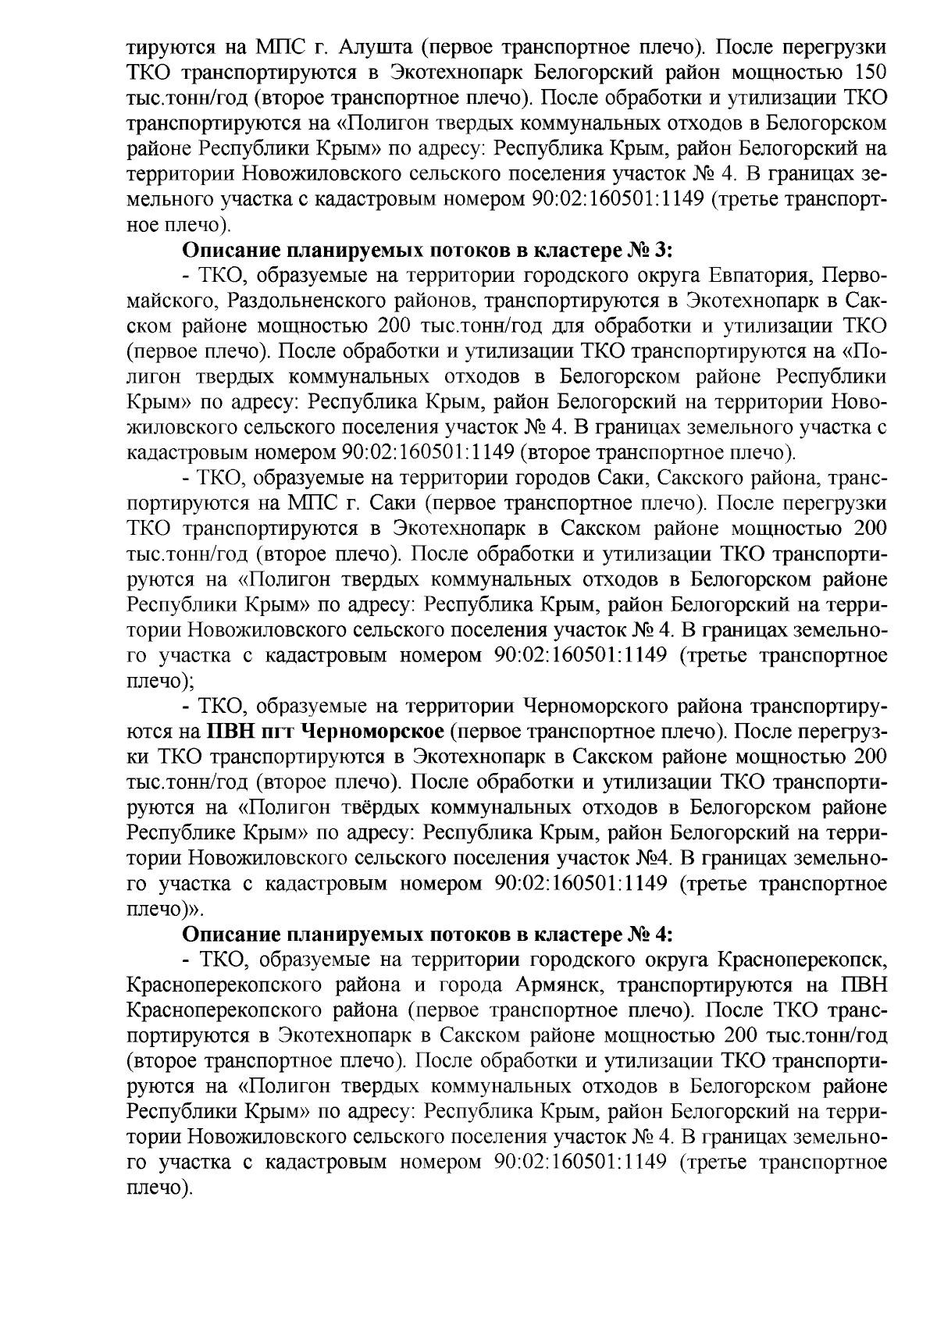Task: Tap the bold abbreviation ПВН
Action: (x=232, y=732)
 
